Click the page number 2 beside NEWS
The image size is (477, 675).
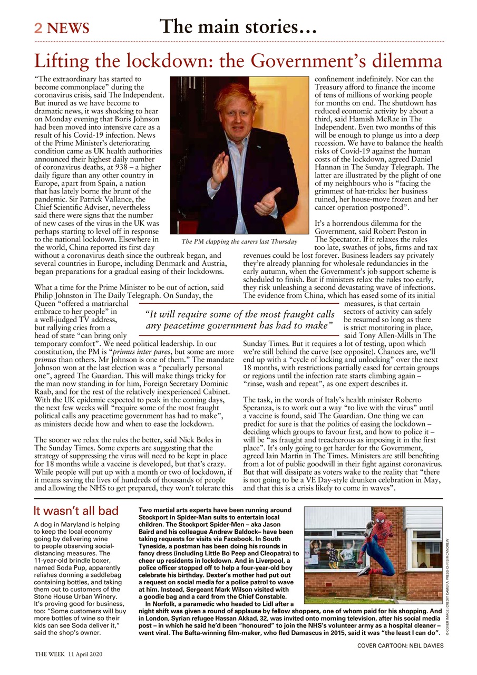pyautogui.click(x=39, y=28)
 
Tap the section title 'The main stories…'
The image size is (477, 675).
pyautogui.click(x=238, y=26)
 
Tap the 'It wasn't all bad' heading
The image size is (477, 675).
pyautogui.click(x=76, y=511)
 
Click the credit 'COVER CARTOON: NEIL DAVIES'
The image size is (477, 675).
pyautogui.click(x=400, y=645)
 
